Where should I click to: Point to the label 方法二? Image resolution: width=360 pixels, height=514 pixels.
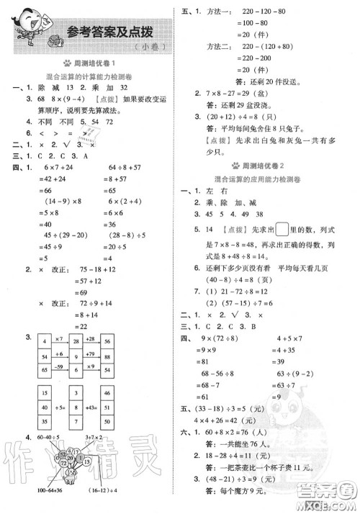[215, 47]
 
